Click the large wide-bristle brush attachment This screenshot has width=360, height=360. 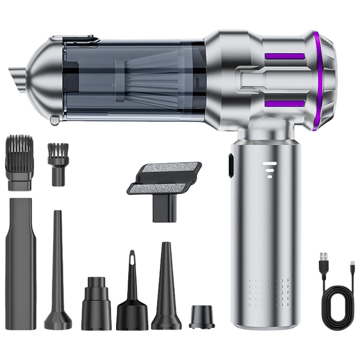pos(19,162)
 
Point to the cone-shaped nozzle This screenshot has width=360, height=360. pos(166,284)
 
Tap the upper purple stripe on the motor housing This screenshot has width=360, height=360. pos(284,56)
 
